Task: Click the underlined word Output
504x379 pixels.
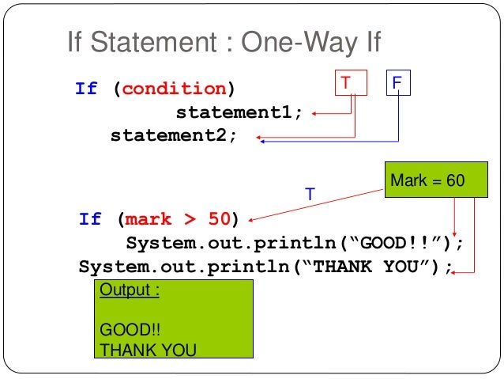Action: tap(129, 290)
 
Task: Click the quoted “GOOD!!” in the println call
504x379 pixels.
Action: tap(398, 242)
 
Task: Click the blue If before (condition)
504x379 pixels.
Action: tap(86, 89)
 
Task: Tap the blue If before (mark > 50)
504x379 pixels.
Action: tap(90, 218)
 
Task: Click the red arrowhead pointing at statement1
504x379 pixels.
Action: tap(314, 113)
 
